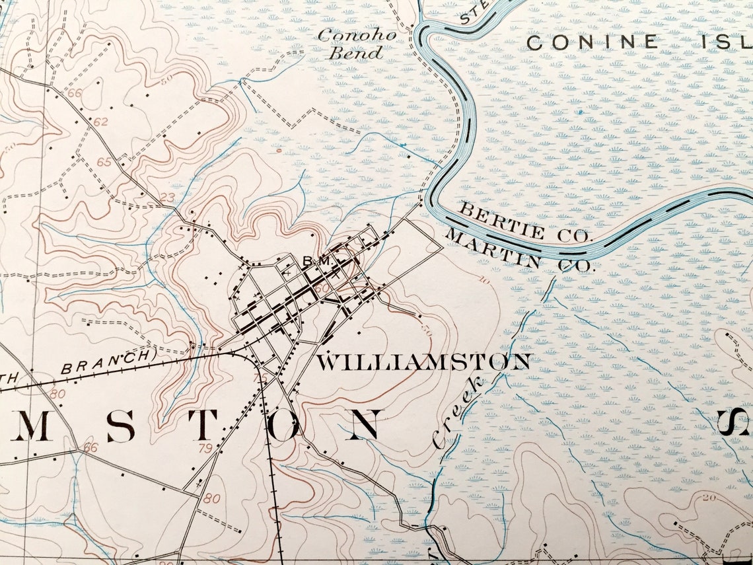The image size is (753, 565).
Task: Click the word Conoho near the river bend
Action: click(x=357, y=36)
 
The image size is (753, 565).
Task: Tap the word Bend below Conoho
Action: click(x=356, y=54)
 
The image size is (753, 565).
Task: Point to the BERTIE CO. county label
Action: click(x=526, y=223)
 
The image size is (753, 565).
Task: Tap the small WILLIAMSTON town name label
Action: click(x=423, y=362)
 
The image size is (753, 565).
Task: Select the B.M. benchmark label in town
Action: click(x=316, y=262)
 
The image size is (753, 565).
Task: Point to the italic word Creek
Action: click(x=458, y=413)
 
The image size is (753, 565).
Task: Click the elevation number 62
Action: click(x=100, y=122)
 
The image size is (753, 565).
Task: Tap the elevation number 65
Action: click(x=104, y=162)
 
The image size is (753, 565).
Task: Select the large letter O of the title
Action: click(x=285, y=427)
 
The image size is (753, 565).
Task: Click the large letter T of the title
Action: click(x=203, y=427)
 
